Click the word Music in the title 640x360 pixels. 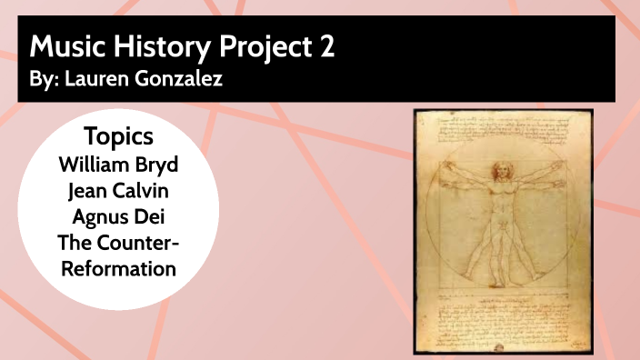(65, 46)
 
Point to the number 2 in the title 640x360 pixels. (325, 46)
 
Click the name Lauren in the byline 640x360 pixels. (95, 80)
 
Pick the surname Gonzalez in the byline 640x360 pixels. (175, 80)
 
